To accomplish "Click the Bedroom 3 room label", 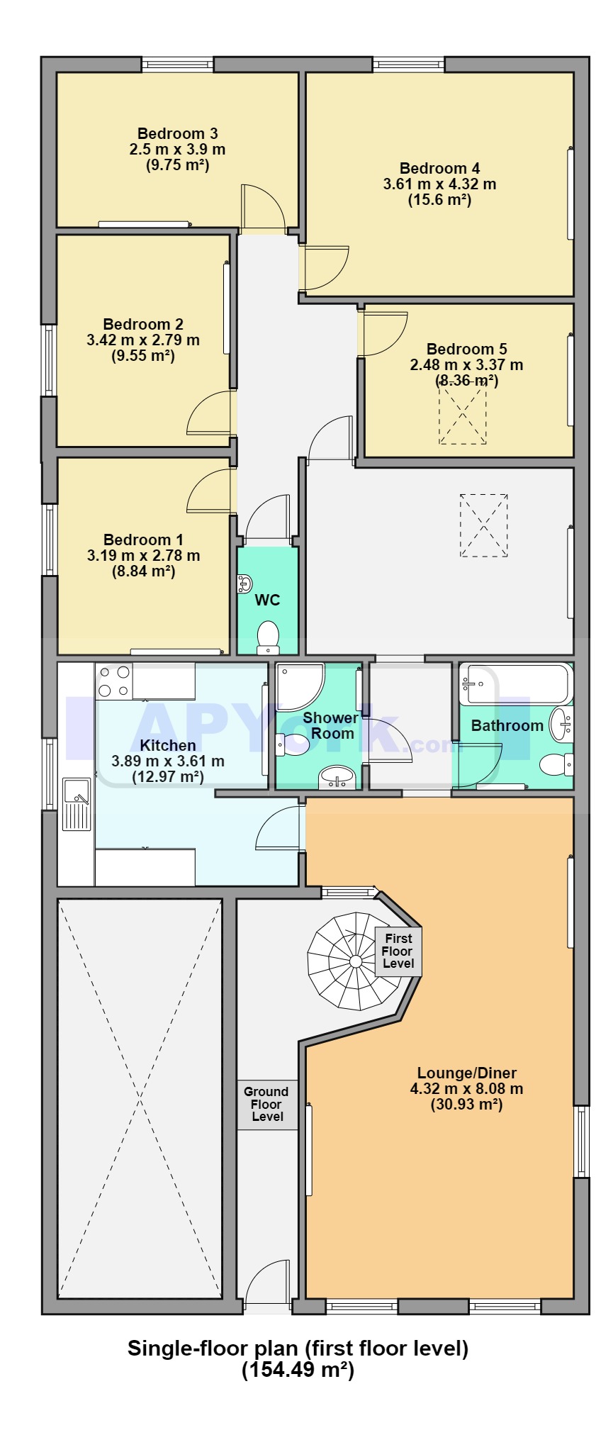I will pos(177,133).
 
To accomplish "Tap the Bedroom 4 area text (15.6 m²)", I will pos(439,200).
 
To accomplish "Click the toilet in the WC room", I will pos(268,636).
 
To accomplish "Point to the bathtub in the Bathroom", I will pos(515,683).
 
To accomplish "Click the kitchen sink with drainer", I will pos(77,804).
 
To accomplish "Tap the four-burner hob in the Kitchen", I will pos(113,680).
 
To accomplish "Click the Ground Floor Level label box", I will pos(266,1104).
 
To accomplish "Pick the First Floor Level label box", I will pos(398,951).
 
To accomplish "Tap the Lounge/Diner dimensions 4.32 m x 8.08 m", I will pos(466,1088).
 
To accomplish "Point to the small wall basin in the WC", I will pos(244,583).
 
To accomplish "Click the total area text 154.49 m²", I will pos(298,1370).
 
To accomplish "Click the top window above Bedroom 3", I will pos(177,65).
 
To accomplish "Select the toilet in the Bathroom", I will pos(556,764).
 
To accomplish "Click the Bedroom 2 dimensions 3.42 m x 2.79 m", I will pos(143,340).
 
